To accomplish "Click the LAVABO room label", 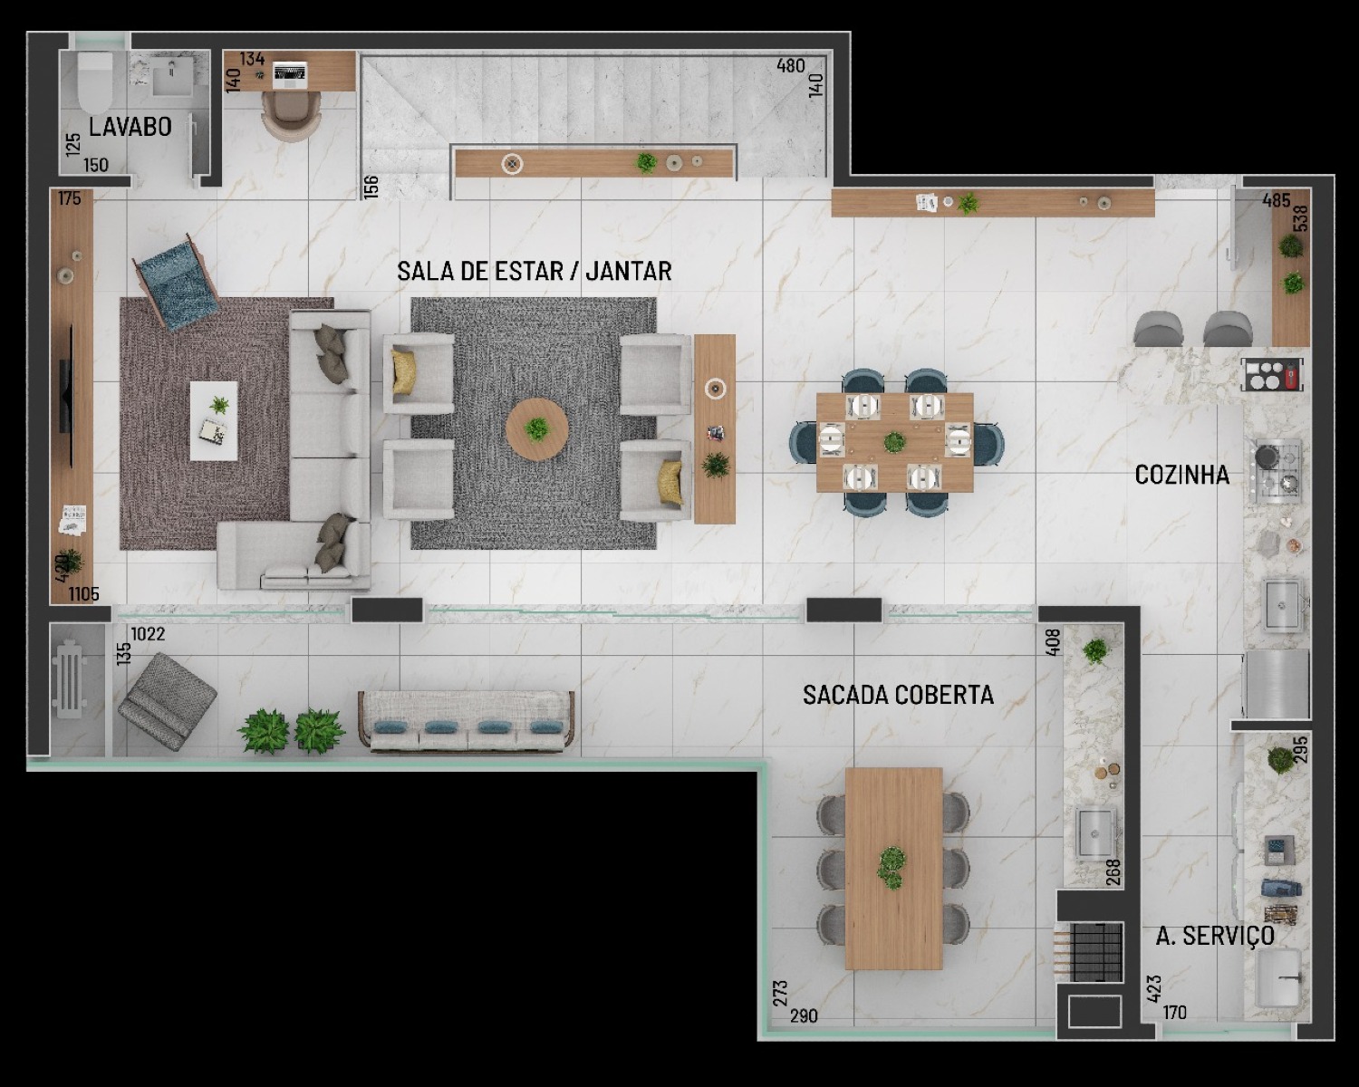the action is [130, 127].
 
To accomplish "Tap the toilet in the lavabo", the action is [95, 82].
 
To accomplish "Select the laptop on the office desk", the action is [290, 74].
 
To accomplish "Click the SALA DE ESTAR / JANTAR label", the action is [535, 271].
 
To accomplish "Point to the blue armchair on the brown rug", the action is [176, 282].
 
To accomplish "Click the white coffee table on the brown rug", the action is [214, 420].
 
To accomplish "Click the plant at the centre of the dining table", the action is [893, 441].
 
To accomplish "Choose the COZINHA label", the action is [1181, 475].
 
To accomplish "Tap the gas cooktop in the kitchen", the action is [1275, 471].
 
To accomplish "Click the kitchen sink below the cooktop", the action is [1282, 605].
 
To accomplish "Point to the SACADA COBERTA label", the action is [898, 695].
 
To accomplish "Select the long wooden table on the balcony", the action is [893, 869].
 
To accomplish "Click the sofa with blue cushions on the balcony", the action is [467, 721].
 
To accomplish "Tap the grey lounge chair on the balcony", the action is [168, 702].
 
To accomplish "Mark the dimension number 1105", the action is [84, 593].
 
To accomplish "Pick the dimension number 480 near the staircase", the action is [791, 66].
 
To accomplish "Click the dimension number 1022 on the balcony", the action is [148, 633].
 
